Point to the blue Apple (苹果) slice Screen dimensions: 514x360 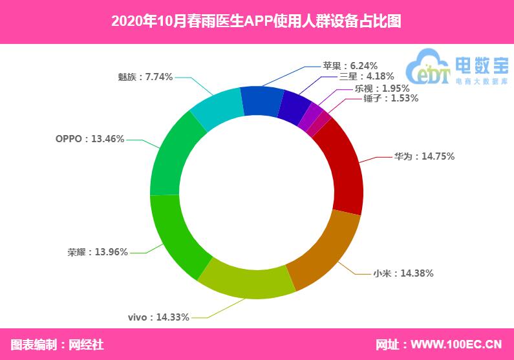262,101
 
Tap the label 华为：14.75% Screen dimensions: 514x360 424,156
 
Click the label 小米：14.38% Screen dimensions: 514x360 403,273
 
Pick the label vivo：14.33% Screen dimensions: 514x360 158,317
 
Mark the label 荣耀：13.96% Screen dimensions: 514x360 98,252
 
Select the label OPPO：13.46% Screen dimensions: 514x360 90,139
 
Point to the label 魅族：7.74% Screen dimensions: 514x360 145,77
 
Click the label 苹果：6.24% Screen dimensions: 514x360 350,65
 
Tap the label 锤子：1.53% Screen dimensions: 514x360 391,98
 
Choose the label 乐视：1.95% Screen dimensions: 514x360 382,89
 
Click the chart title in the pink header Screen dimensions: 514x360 256,21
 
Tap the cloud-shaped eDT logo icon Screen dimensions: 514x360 428,67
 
